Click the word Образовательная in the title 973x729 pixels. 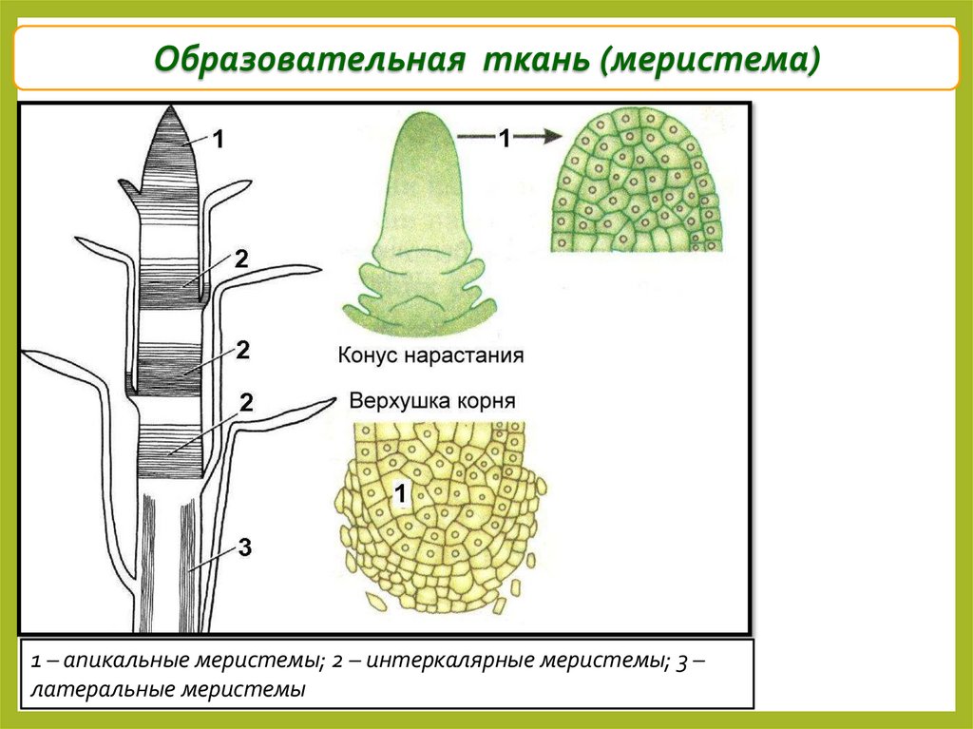click(310, 58)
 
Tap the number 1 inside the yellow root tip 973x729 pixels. click(400, 493)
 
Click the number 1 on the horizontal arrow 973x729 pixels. click(506, 139)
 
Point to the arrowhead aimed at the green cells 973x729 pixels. click(548, 138)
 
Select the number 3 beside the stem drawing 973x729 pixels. click(244, 547)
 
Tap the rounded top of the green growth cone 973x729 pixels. click(424, 133)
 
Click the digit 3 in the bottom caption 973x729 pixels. click(683, 661)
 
